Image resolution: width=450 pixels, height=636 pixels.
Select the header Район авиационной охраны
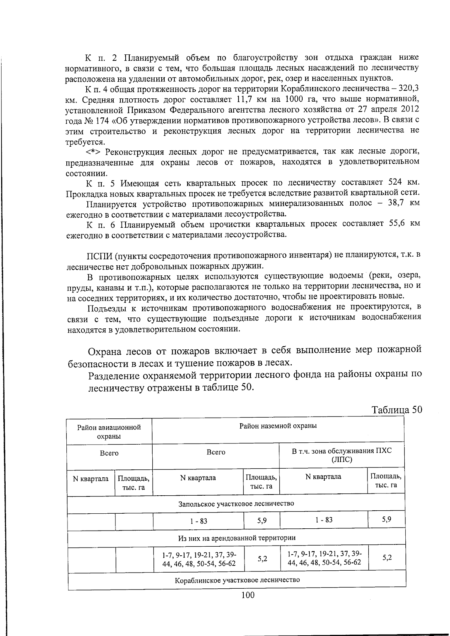pos(109,432)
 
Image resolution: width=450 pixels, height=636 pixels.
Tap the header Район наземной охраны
pos(278,426)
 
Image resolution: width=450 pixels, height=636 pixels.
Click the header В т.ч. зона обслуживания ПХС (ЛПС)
pos(341,455)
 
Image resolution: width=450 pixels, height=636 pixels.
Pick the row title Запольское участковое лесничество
pos(236,503)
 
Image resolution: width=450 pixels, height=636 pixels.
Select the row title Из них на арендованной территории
pos(237,538)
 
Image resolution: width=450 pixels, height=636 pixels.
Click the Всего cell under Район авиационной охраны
pos(109,453)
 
